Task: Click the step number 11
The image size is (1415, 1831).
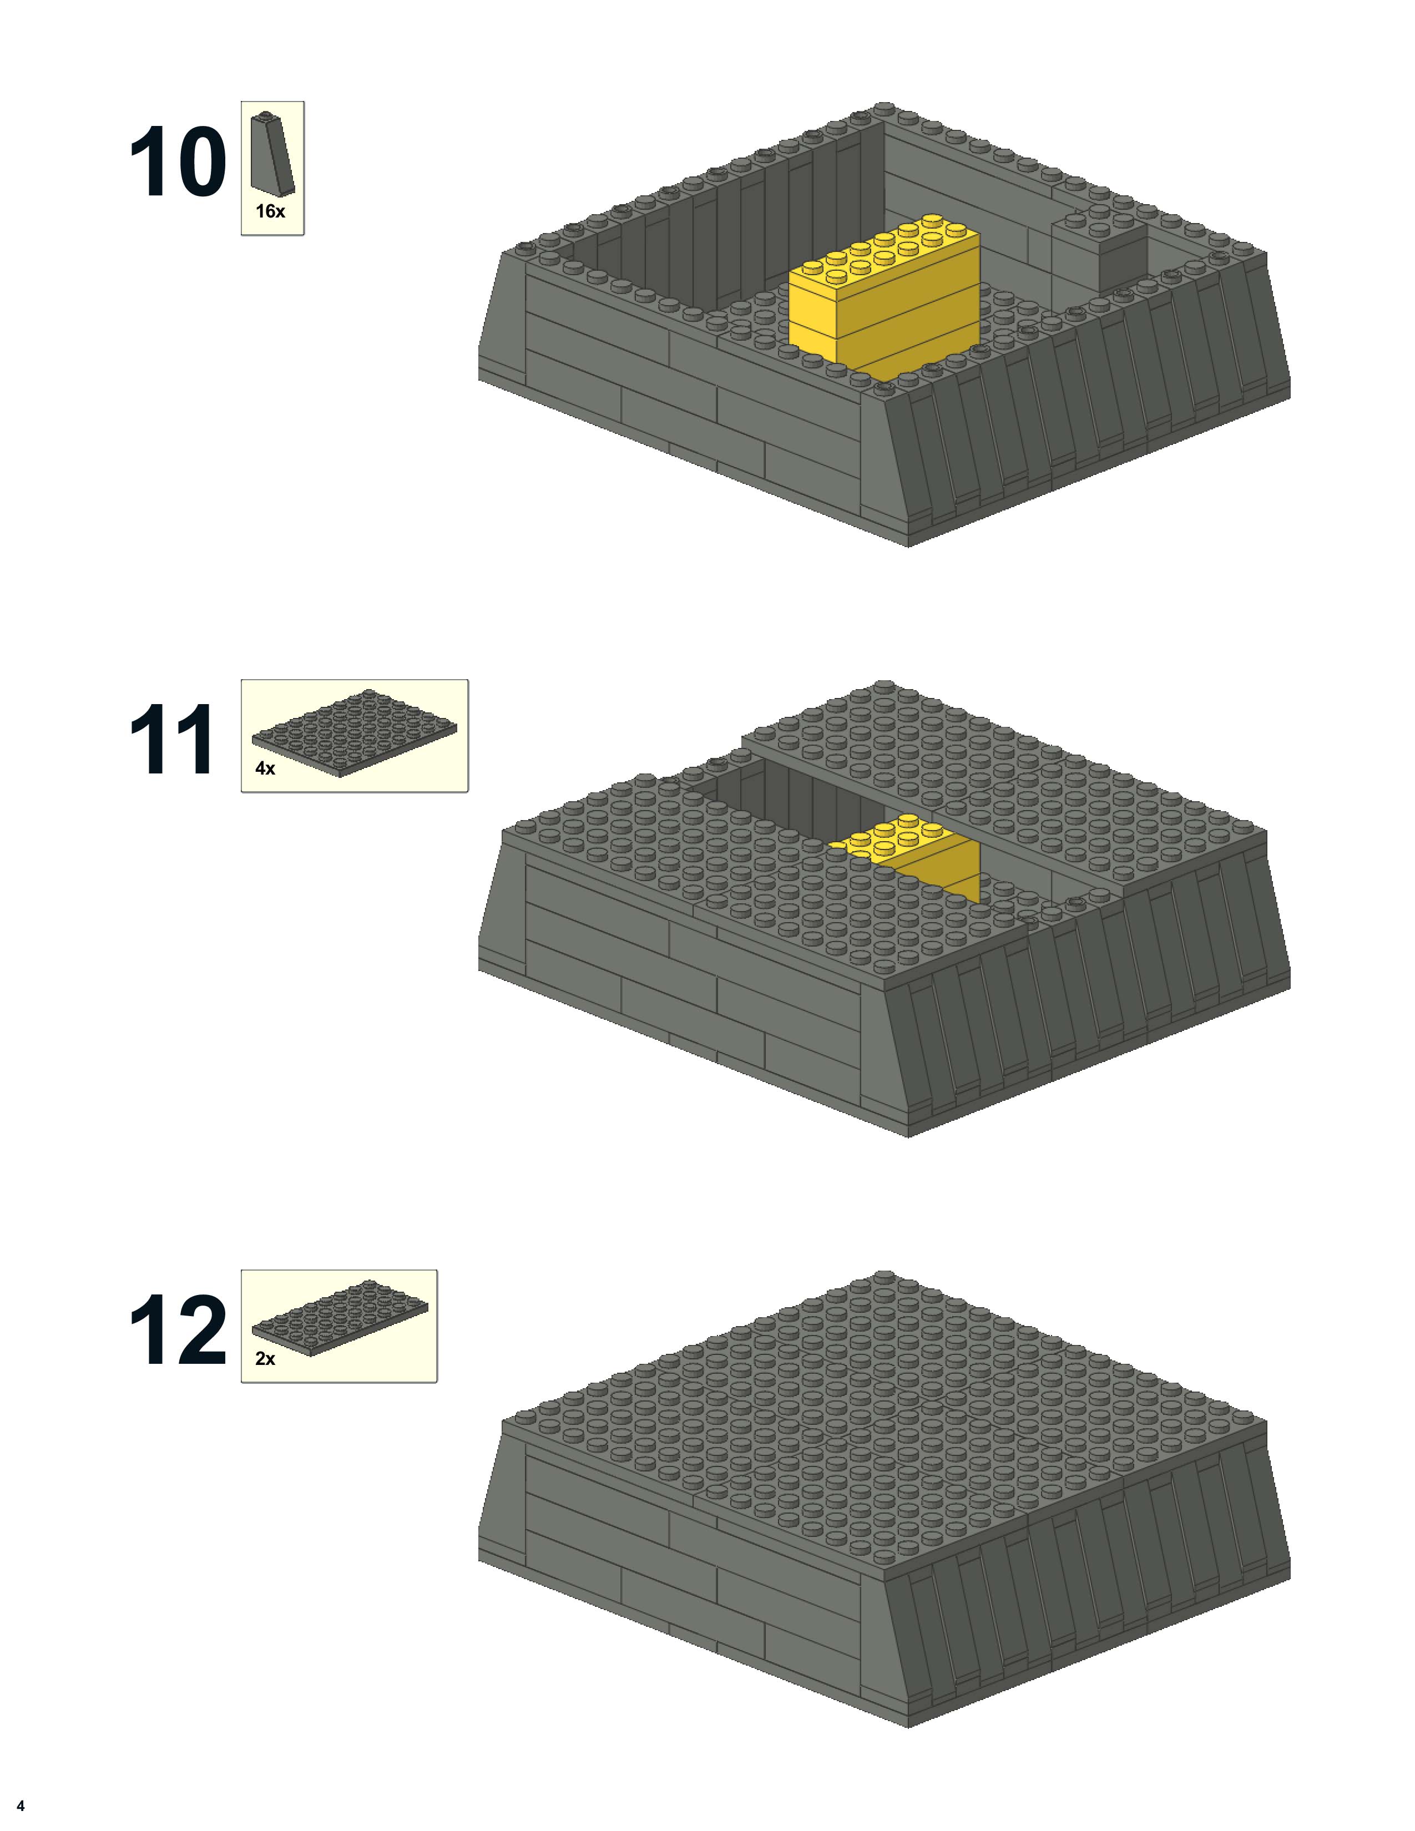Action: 172,740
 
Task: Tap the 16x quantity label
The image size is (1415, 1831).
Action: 270,212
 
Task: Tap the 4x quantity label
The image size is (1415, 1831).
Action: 265,768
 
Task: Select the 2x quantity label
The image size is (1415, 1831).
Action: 265,1359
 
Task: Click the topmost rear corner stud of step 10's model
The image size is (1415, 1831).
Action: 883,108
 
